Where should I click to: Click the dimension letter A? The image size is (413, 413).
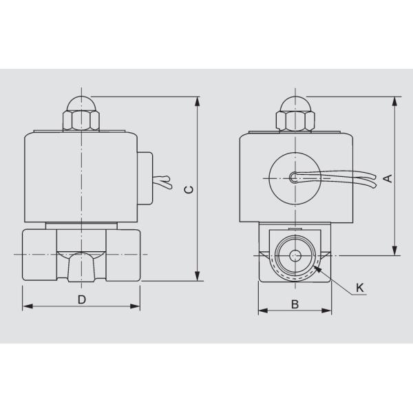point(388,178)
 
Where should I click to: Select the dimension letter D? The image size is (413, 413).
point(81,299)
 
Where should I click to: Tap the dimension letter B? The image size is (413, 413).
point(294,303)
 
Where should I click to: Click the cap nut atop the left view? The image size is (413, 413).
point(81,116)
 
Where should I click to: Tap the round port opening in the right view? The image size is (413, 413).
point(295,256)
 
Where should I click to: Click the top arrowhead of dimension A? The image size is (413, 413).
point(395,101)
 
